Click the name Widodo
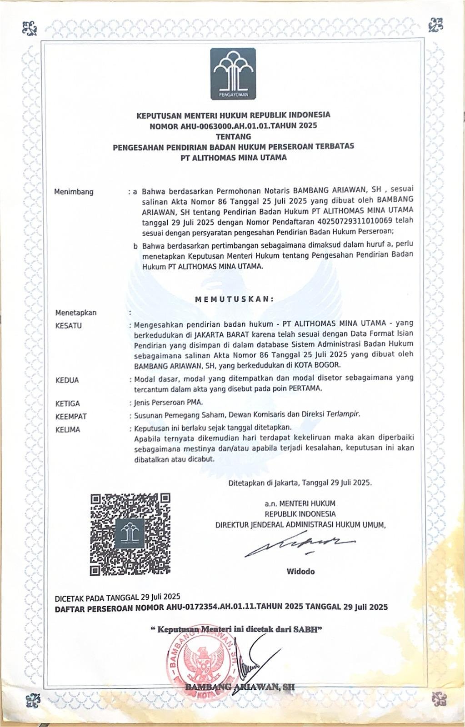[300, 571]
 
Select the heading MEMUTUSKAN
[234, 299]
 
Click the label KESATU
[68, 325]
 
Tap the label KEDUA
[67, 380]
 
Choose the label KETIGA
[67, 403]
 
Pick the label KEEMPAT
[70, 416]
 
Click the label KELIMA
[67, 429]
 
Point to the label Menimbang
[74, 192]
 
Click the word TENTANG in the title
[233, 136]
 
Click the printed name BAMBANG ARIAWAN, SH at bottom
[240, 687]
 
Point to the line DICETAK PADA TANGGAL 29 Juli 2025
[117, 597]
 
